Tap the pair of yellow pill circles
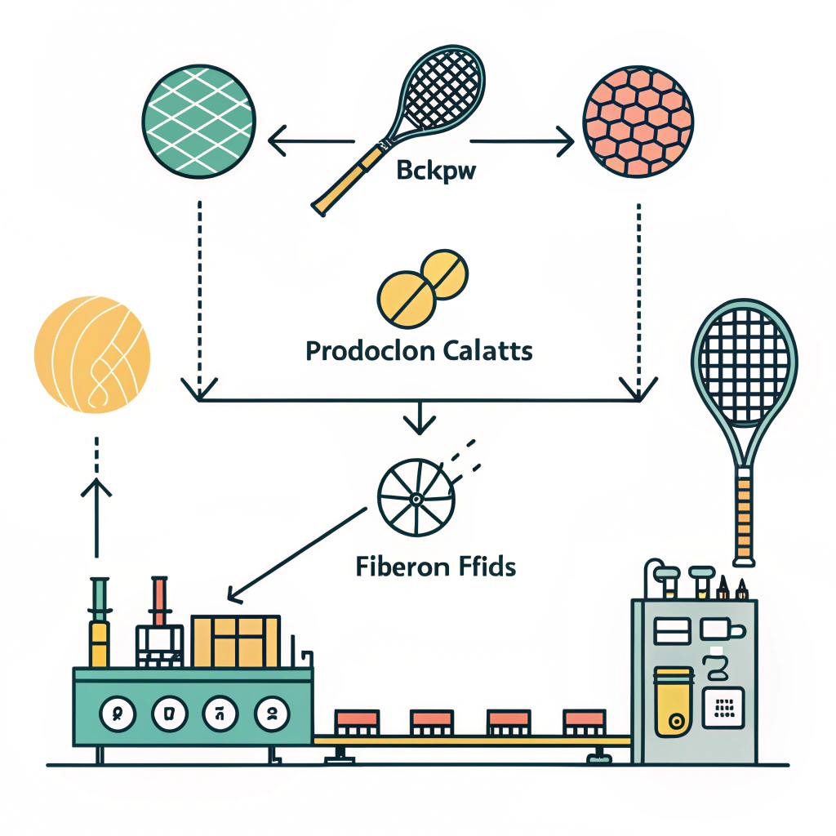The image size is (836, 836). pyautogui.click(x=424, y=286)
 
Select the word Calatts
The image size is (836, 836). pyautogui.click(x=488, y=352)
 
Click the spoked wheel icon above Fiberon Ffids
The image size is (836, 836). pyautogui.click(x=415, y=497)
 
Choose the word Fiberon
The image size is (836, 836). pyautogui.click(x=397, y=565)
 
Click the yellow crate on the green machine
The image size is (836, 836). pyautogui.click(x=235, y=641)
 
